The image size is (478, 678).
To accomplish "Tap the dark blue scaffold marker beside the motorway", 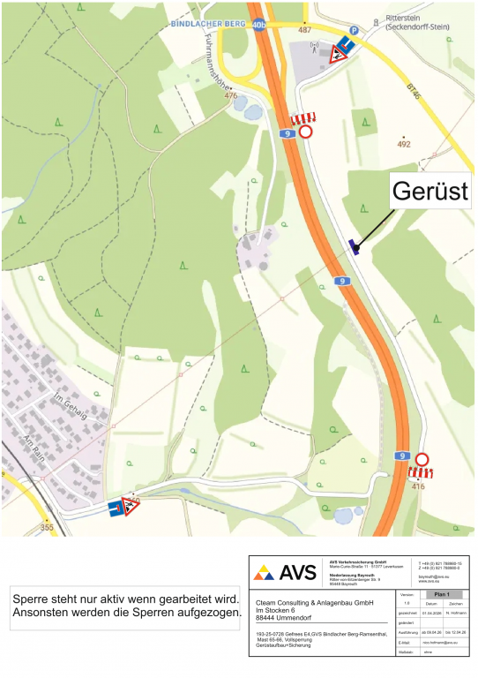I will point(355,246).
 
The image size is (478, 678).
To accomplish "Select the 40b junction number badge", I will point(258,26).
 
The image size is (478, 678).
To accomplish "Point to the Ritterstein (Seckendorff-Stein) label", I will point(418,22).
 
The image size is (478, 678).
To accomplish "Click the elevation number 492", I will point(405,143).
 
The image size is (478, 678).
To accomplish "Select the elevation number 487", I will point(304,29).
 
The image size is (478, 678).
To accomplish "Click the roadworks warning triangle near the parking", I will point(336,56).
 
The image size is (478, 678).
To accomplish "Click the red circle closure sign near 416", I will point(422,459).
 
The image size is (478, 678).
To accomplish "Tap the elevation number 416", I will point(417,486).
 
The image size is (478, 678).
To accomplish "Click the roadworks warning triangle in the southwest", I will point(131,507).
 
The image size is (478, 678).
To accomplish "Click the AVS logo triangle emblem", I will point(264,572).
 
